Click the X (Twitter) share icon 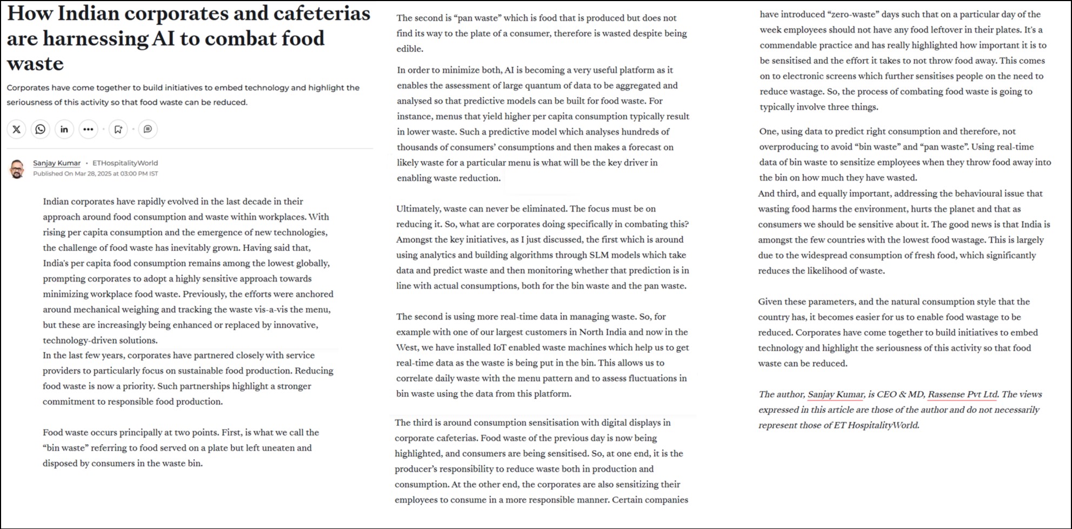pos(17,129)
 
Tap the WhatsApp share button pos(41,129)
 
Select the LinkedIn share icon pos(64,129)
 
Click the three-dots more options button pos(88,129)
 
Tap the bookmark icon pos(118,129)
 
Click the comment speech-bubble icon pos(148,129)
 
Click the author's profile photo pos(17,169)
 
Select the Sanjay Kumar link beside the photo pos(57,163)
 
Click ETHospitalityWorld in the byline pos(125,163)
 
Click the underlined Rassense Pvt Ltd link pos(962,394)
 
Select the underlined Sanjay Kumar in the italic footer pos(835,394)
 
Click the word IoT pos(500,347)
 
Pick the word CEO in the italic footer pos(886,394)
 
